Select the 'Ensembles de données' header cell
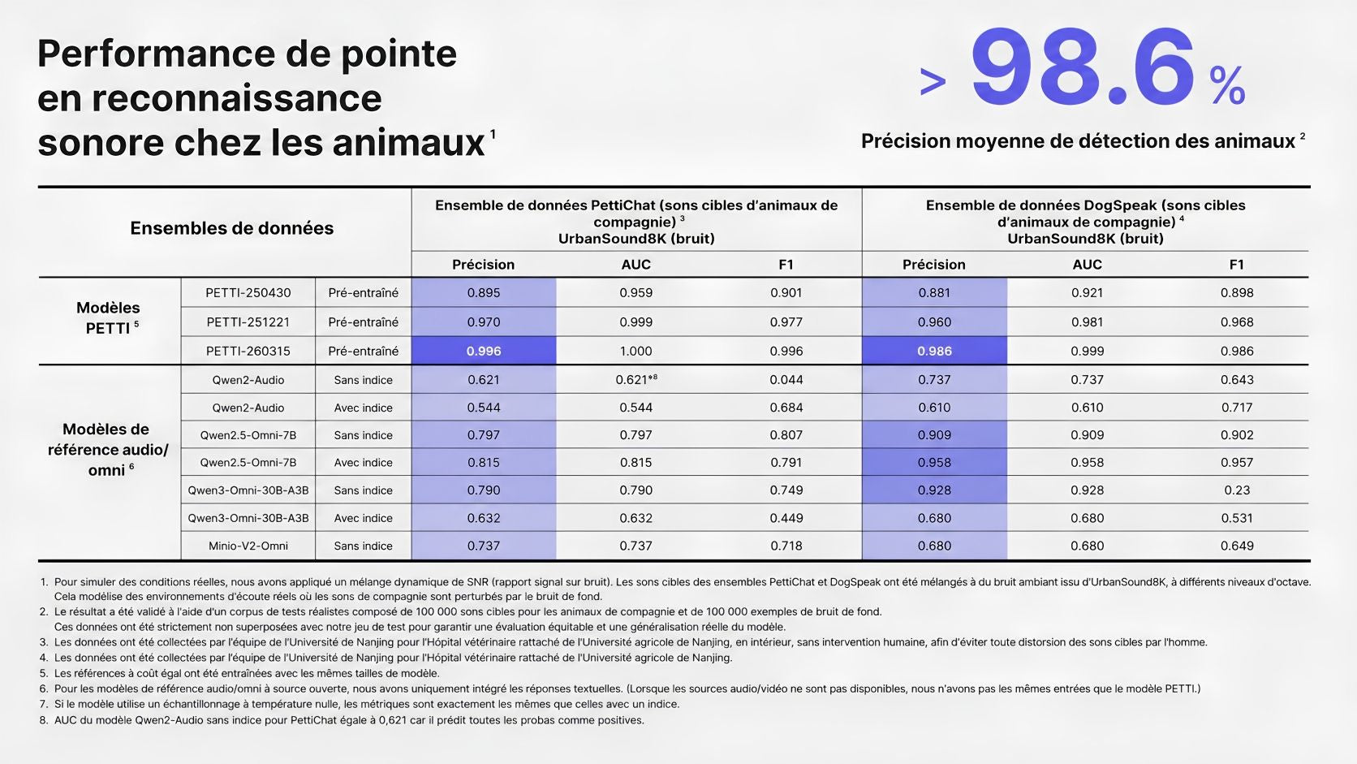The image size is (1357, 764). [x=232, y=228]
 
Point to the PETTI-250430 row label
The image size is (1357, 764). [x=248, y=292]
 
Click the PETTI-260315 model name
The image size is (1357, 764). [x=248, y=351]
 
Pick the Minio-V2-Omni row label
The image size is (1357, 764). [x=248, y=546]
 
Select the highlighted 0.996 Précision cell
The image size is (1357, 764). [x=484, y=351]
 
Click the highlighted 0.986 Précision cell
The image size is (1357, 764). [x=934, y=351]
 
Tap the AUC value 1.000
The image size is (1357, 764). [x=636, y=351]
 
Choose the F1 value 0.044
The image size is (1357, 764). [x=786, y=380]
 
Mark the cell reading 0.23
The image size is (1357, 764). [x=1237, y=490]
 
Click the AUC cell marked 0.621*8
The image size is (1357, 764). [x=636, y=380]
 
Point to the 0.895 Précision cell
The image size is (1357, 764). [x=484, y=292]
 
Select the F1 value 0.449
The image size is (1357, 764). [x=786, y=518]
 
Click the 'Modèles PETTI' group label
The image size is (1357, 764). [x=109, y=317]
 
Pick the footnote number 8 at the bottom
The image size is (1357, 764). [x=44, y=720]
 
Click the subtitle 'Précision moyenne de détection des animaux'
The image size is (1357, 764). [x=1079, y=141]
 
